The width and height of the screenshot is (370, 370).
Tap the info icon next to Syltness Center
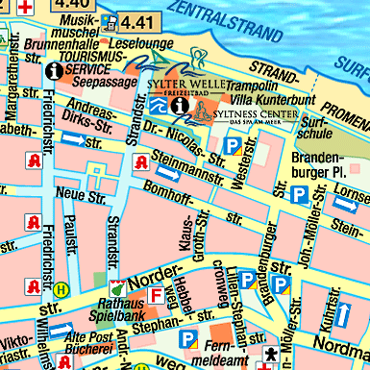pyautogui.click(x=179, y=105)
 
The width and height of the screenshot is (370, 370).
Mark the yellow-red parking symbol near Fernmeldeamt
pyautogui.click(x=189, y=339)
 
